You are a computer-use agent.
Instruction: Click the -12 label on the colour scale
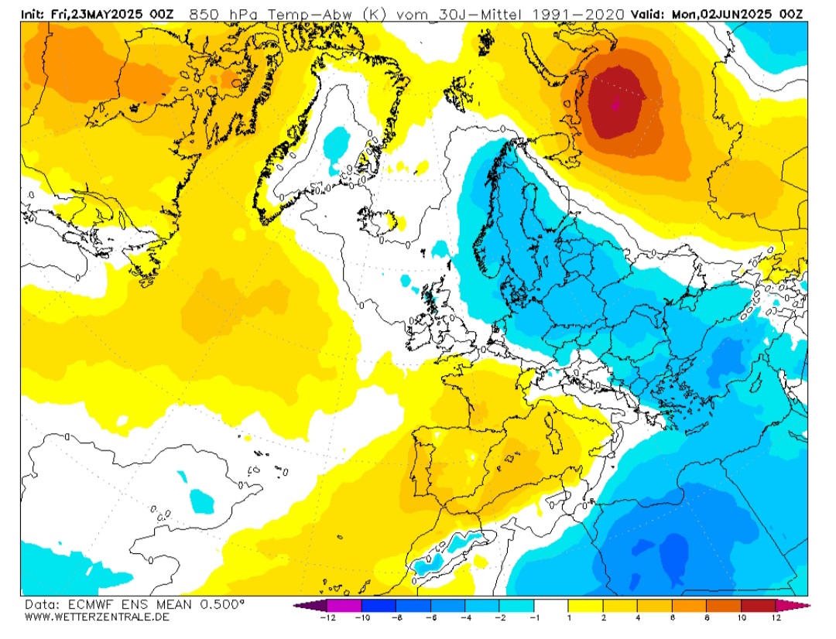click(x=327, y=617)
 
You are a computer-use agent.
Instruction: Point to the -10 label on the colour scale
click(x=361, y=617)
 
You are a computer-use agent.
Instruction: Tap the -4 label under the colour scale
click(x=464, y=617)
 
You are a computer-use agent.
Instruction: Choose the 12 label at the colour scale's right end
click(x=776, y=617)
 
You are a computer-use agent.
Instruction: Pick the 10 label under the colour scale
click(x=741, y=617)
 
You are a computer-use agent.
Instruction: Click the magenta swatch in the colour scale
click(x=344, y=605)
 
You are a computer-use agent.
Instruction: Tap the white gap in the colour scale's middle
click(x=550, y=605)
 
